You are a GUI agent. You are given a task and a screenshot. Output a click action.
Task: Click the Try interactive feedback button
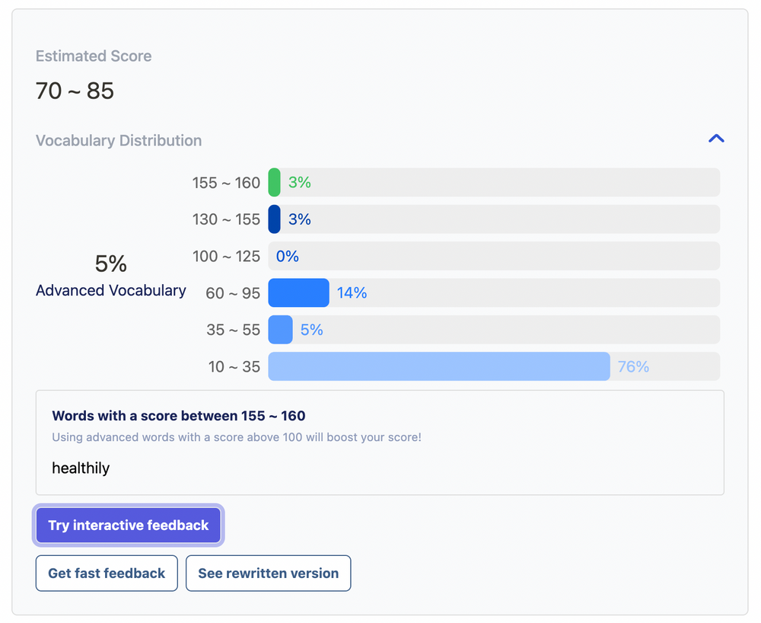(x=128, y=526)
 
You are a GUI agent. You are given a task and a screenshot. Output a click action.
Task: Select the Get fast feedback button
(x=107, y=573)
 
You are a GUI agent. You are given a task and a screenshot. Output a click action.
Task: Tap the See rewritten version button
(x=268, y=573)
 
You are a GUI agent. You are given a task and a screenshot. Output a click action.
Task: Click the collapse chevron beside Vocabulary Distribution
(x=716, y=139)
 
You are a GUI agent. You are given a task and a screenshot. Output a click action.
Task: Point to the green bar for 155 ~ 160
(x=275, y=183)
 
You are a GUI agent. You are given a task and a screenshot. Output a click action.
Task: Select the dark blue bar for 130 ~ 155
(x=275, y=219)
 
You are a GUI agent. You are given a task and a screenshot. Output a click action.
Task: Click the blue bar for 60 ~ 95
(x=298, y=292)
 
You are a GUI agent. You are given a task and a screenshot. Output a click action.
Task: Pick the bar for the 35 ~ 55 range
(x=280, y=330)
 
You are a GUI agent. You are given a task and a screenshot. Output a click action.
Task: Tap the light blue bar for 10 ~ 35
(x=439, y=366)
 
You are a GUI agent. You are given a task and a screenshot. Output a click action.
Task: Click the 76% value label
(x=633, y=367)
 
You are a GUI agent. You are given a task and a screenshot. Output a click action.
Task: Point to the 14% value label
(x=352, y=293)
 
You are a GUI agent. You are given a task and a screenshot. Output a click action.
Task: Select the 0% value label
(x=287, y=257)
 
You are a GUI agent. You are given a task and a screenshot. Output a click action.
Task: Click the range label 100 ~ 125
(x=226, y=257)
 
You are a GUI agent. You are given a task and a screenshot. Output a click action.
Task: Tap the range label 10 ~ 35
(x=234, y=367)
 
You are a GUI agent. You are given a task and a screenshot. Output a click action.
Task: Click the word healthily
(x=81, y=468)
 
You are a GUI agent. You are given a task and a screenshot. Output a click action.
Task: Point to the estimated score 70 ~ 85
(x=75, y=91)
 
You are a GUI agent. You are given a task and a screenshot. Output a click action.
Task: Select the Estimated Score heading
(x=94, y=56)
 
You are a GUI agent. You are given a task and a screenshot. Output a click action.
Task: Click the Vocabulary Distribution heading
(x=119, y=141)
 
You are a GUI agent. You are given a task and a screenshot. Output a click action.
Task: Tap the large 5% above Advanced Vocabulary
(x=111, y=264)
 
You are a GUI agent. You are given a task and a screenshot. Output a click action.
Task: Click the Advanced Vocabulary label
(x=111, y=291)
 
